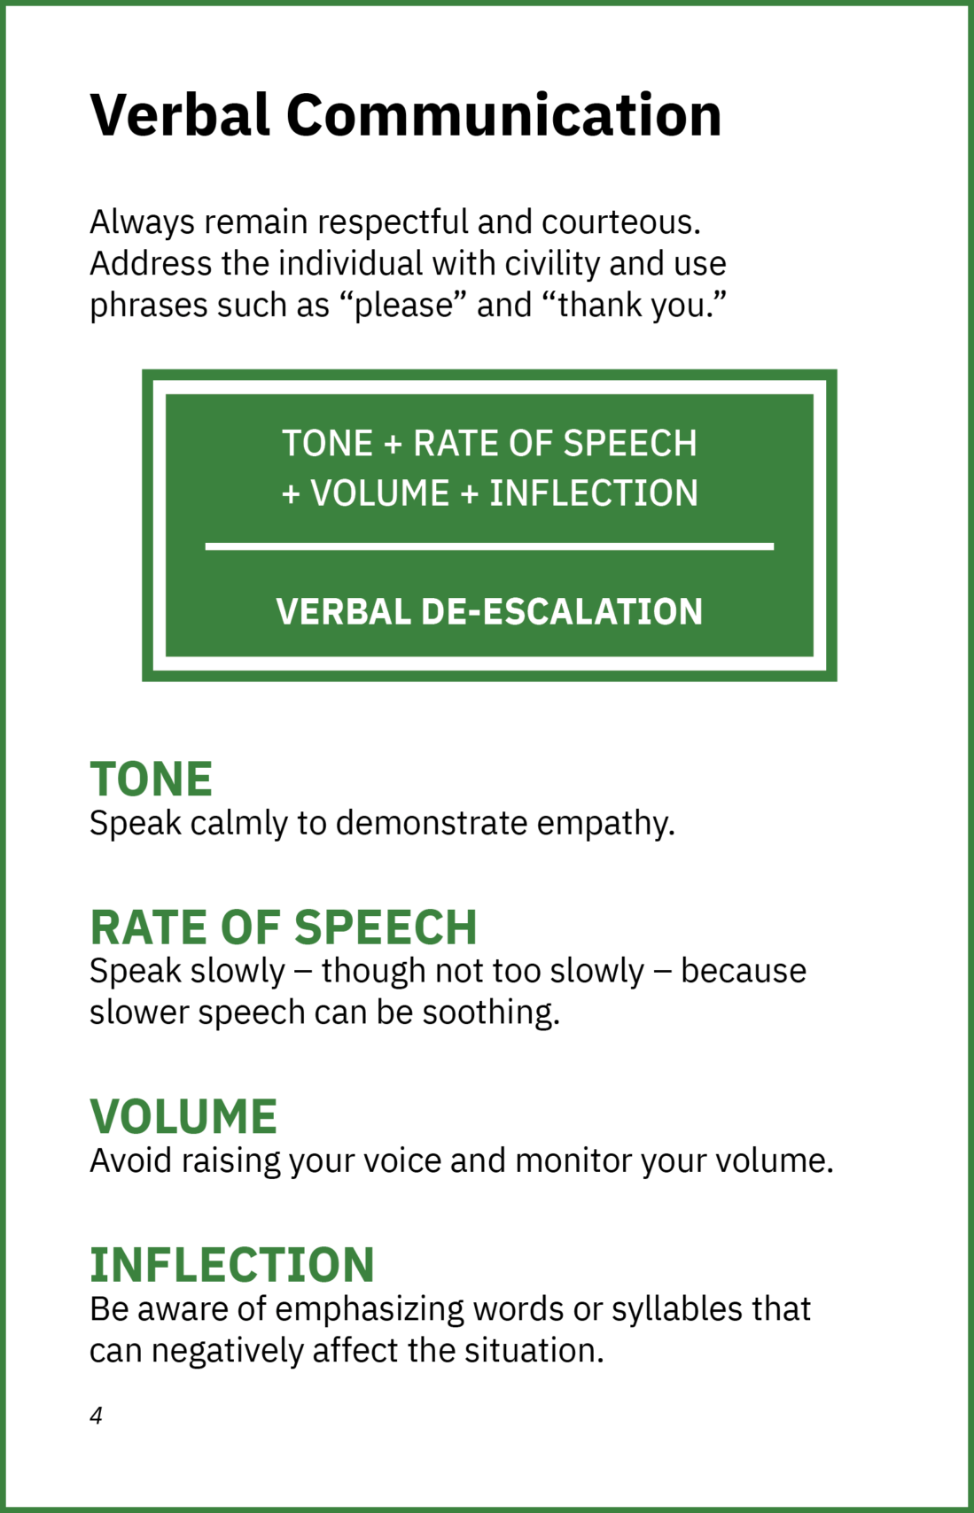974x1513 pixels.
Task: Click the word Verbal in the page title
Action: [180, 115]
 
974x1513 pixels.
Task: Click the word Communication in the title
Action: [504, 115]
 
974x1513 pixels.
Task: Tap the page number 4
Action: [96, 1415]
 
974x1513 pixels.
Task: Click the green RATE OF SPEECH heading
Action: [284, 927]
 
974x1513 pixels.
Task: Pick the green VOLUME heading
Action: [183, 1116]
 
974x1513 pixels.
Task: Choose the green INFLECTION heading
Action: [232, 1264]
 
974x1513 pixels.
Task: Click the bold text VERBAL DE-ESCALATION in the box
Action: [489, 611]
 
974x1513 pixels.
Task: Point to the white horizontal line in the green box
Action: [489, 547]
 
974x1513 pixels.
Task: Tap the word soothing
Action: [491, 1013]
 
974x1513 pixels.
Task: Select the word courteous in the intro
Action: [621, 223]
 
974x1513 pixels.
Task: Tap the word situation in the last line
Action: [534, 1351]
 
